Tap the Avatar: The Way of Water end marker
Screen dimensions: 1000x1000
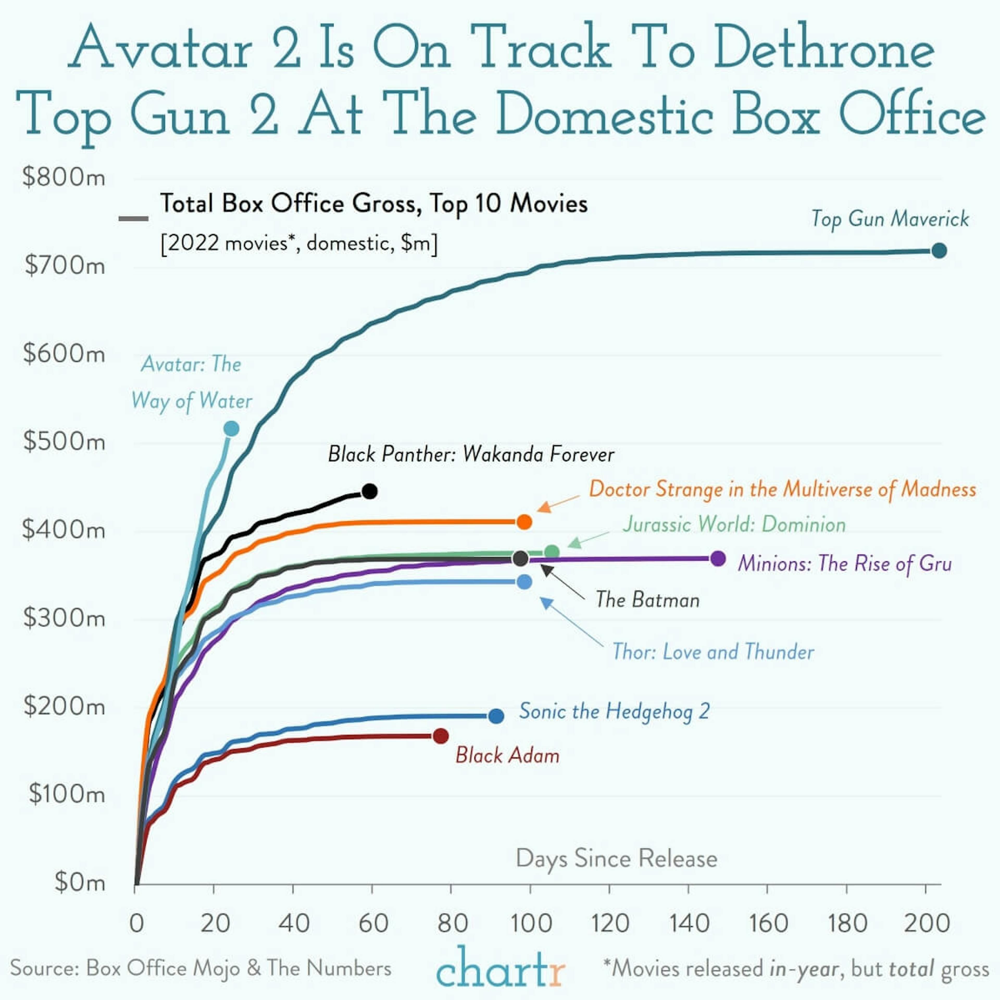tap(231, 429)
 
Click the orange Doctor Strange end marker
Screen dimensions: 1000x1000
tap(524, 522)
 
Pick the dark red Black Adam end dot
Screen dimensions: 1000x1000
tap(440, 736)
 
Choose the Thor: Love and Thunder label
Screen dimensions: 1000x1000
tap(713, 652)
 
